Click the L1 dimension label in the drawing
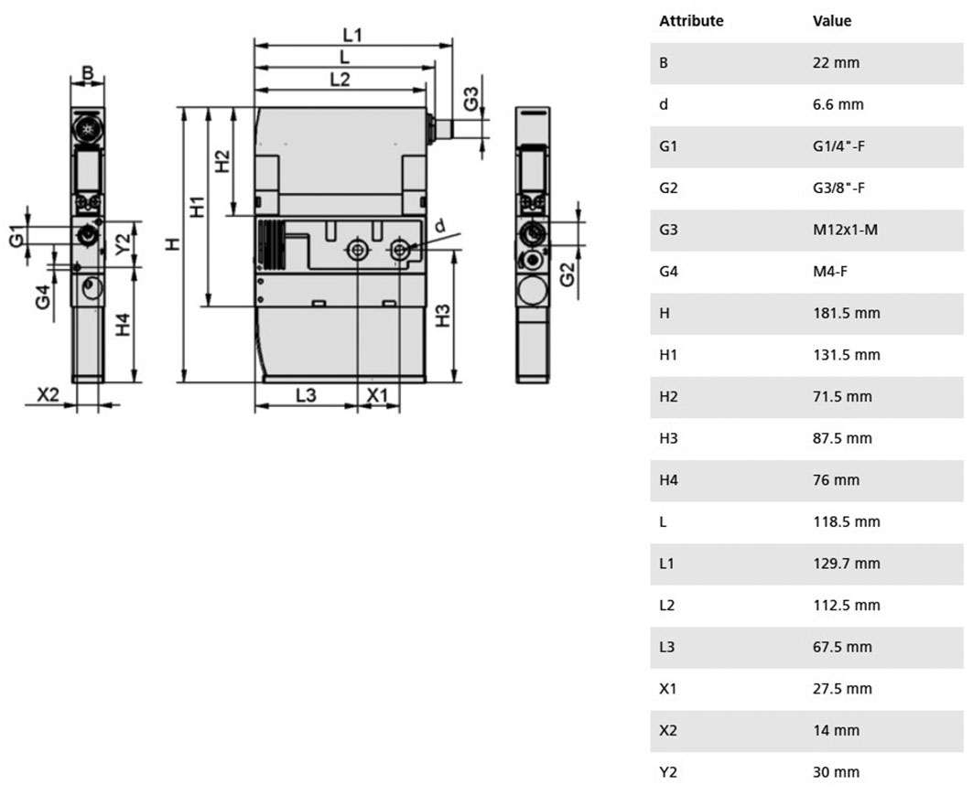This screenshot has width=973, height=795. pos(352,35)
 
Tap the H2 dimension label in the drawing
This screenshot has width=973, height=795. pos(222,161)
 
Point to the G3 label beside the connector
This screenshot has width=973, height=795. pos(471,99)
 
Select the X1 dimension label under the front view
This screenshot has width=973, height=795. pos(377,395)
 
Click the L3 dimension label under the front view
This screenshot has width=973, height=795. pos(306,395)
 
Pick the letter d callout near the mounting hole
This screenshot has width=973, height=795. pos(440,226)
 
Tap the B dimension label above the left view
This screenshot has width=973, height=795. pos(88,73)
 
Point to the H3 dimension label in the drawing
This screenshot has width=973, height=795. pos(442,316)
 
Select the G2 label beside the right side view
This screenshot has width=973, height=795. pos(568,274)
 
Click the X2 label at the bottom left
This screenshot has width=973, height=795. pos(49,394)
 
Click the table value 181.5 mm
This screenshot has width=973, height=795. pos(847,313)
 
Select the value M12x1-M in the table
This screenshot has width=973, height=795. pos(845,230)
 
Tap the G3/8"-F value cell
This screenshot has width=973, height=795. pos(839,188)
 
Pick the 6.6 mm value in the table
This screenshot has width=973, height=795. pos(838,104)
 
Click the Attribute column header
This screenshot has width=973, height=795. pos(691,20)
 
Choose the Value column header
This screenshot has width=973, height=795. pos(832,20)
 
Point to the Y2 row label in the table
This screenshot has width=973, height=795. pos(667,772)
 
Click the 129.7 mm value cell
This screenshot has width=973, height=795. pos(847,564)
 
